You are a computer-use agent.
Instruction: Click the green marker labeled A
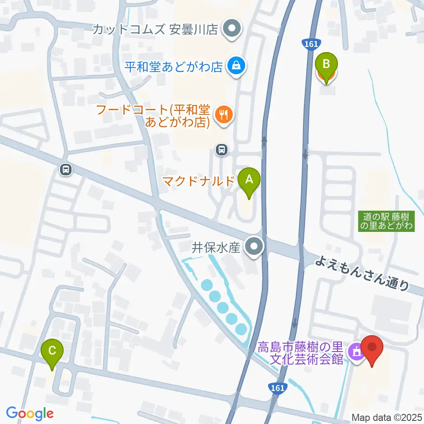click(249, 180)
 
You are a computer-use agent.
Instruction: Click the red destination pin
click(372, 348)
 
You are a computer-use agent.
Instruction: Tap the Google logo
click(30, 413)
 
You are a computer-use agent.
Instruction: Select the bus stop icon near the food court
click(222, 150)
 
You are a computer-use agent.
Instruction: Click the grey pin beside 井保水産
click(254, 247)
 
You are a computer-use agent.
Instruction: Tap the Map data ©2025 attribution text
click(387, 417)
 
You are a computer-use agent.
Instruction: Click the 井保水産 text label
click(216, 248)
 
